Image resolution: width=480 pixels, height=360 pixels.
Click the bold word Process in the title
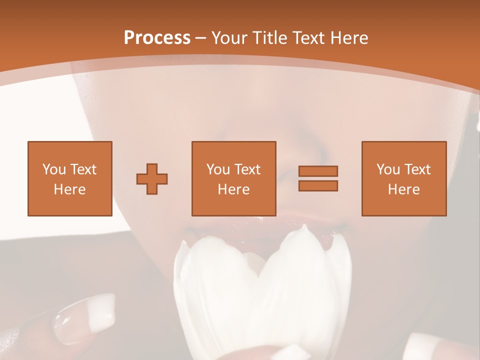coord(157,38)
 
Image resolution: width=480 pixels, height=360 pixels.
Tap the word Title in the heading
coord(268,38)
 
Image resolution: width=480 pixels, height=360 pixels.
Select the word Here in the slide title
coord(348,38)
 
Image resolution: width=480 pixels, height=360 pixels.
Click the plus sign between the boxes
coord(152,178)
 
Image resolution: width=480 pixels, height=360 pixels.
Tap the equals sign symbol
coord(318,178)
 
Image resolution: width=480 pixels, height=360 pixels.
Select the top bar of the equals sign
coord(318,171)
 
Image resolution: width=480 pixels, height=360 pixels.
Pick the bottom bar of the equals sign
coord(318,185)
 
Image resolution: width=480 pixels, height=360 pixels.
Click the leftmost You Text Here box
coord(70,178)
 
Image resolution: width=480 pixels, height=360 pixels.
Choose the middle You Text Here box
coord(234,178)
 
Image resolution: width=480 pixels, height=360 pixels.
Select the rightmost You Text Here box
coord(404,178)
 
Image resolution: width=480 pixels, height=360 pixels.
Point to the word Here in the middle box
coord(234,189)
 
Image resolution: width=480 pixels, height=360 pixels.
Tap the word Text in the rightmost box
coord(418,169)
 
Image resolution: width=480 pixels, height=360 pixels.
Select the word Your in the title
coord(229,38)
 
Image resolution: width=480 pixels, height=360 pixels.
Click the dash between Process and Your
coord(201,38)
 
